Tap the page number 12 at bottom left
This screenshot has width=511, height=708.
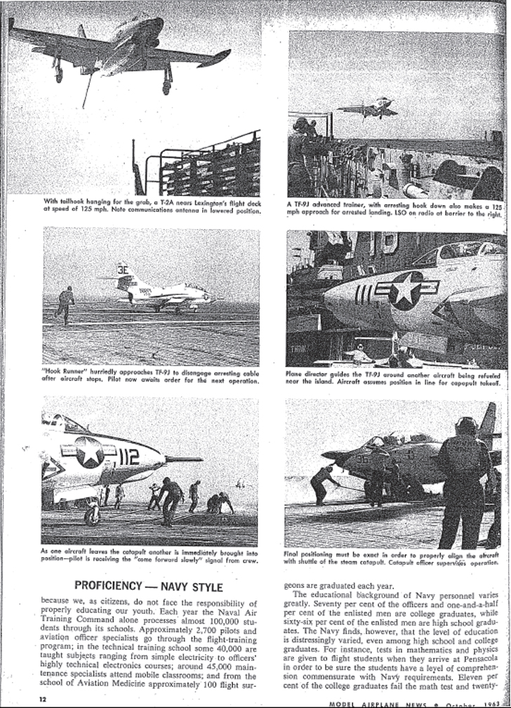pos(43,699)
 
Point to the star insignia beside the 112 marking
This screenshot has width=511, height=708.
pos(91,452)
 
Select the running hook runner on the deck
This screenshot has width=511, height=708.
pos(65,303)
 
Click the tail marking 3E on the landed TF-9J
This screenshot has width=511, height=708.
pos(123,269)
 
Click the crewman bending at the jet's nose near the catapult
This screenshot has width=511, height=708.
pos(326,483)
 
